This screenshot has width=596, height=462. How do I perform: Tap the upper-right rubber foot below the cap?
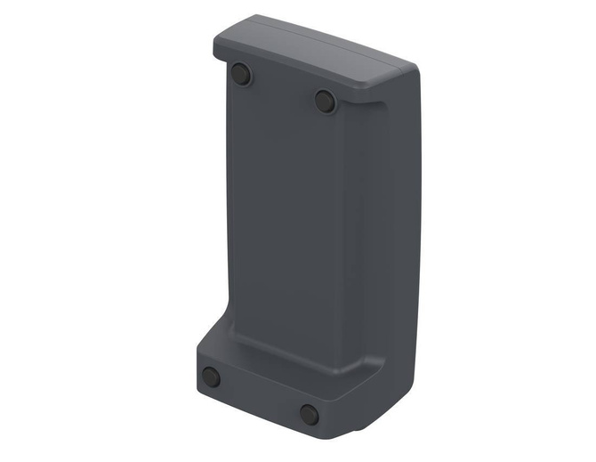point(325,101)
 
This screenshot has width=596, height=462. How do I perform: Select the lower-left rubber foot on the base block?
point(212,377)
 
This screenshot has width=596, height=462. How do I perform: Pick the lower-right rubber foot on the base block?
point(309,413)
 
